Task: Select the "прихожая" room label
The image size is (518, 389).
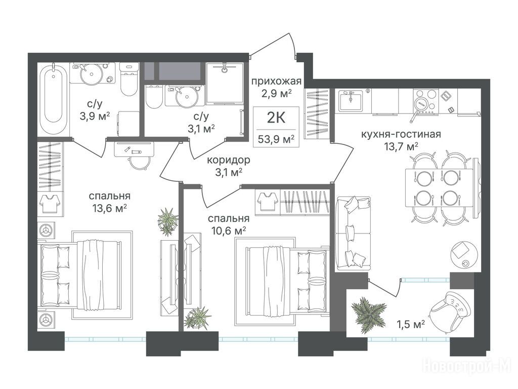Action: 277,81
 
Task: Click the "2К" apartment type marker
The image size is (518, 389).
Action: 276,118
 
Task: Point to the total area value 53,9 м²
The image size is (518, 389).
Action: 276,140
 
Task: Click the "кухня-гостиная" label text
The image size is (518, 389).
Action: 401,134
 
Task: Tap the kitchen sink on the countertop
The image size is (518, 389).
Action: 351,100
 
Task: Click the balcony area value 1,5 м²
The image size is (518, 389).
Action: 410,325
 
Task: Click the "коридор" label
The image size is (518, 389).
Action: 229,161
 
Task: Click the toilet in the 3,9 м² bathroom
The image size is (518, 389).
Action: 128,79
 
